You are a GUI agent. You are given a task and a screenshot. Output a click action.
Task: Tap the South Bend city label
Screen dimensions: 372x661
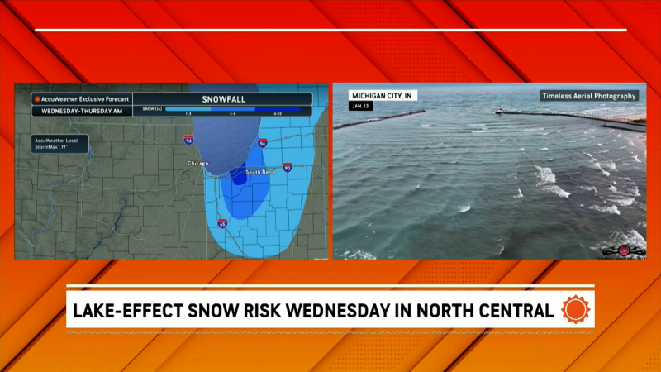[x=261, y=172]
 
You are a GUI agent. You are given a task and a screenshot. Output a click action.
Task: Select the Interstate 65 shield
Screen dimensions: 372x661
[x=222, y=223]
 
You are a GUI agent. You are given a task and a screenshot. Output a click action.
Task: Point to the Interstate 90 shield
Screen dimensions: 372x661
[x=288, y=167]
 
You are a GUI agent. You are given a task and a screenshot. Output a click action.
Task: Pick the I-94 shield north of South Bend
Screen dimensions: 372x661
[x=262, y=142]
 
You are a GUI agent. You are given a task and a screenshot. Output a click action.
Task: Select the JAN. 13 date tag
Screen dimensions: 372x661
[x=361, y=107]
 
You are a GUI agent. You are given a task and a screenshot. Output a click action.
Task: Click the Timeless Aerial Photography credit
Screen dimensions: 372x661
[x=589, y=96]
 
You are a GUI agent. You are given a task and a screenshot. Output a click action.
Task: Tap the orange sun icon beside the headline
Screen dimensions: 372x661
[x=575, y=310]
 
